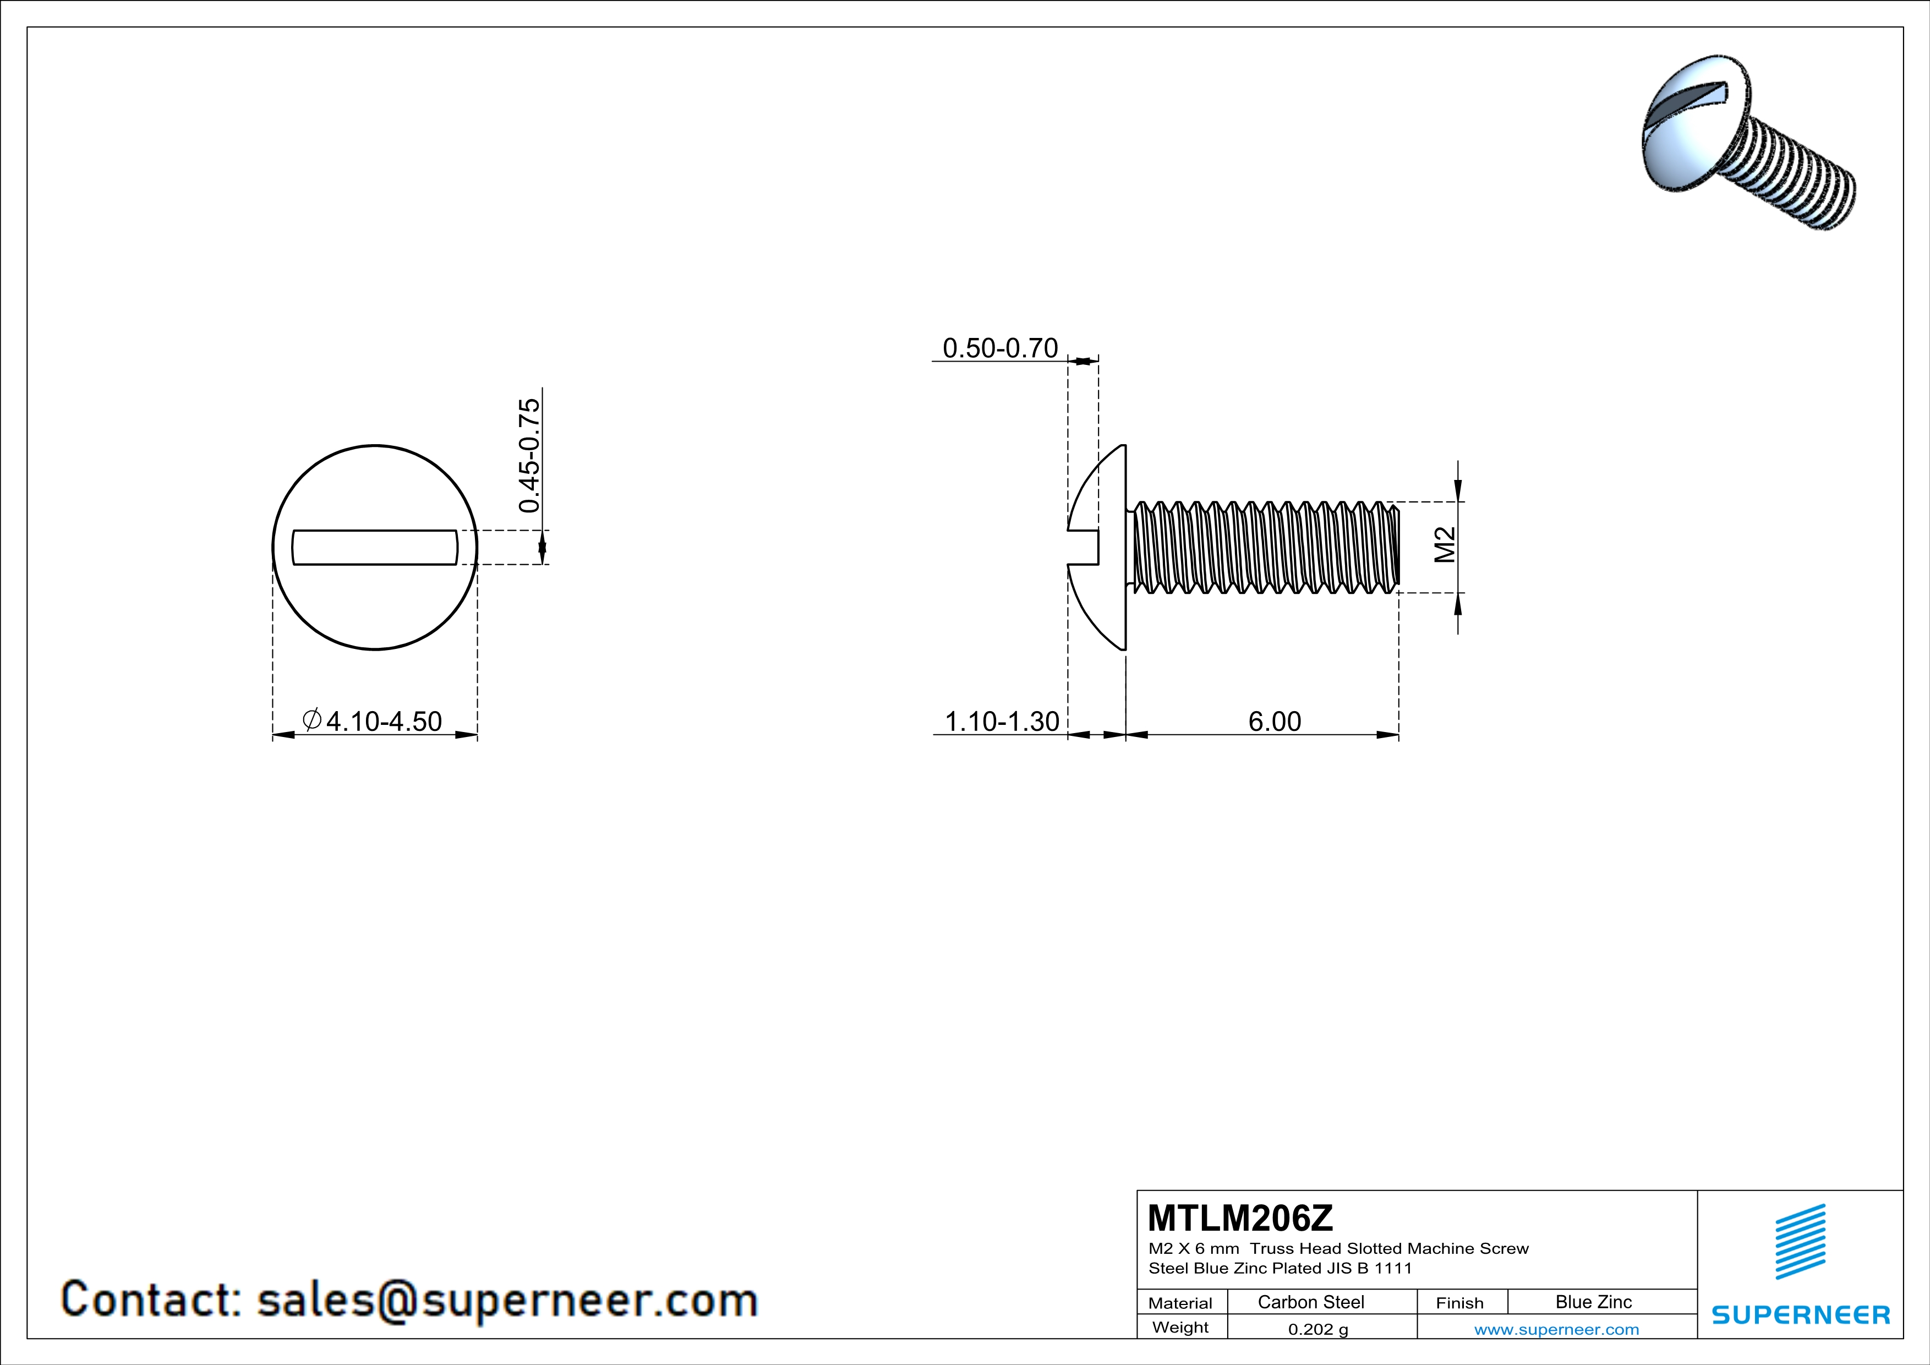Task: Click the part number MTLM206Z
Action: (1240, 1218)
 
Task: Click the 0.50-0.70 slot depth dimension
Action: (999, 348)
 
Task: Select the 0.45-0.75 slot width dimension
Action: (529, 456)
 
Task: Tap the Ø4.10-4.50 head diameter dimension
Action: (373, 721)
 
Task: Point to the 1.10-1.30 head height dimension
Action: (1001, 721)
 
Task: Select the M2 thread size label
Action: (1444, 545)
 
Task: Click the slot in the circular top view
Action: (375, 547)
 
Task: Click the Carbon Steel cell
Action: (1310, 1302)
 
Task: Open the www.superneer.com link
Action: (1556, 1329)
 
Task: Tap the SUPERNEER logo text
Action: (1801, 1314)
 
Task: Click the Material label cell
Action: (1180, 1303)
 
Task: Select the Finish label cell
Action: (1459, 1303)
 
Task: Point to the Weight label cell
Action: (1180, 1327)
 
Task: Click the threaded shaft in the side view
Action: (1265, 547)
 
